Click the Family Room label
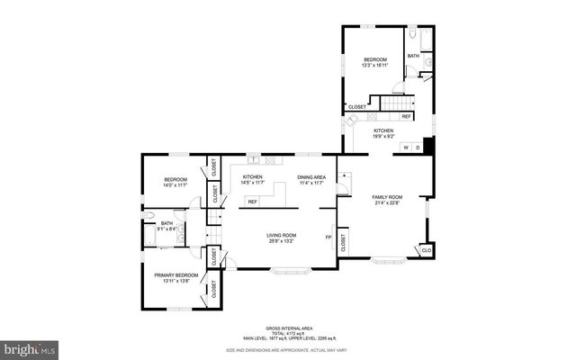[387, 196]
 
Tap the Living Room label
[281, 236]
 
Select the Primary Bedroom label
[175, 274]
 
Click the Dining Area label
[311, 177]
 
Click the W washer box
[406, 148]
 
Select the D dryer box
[418, 148]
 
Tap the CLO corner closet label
[427, 249]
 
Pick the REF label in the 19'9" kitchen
[406, 117]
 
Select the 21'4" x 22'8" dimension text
[387, 202]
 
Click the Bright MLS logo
[29, 347]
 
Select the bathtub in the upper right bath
[413, 40]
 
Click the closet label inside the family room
[344, 240]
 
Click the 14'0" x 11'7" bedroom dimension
[175, 185]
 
